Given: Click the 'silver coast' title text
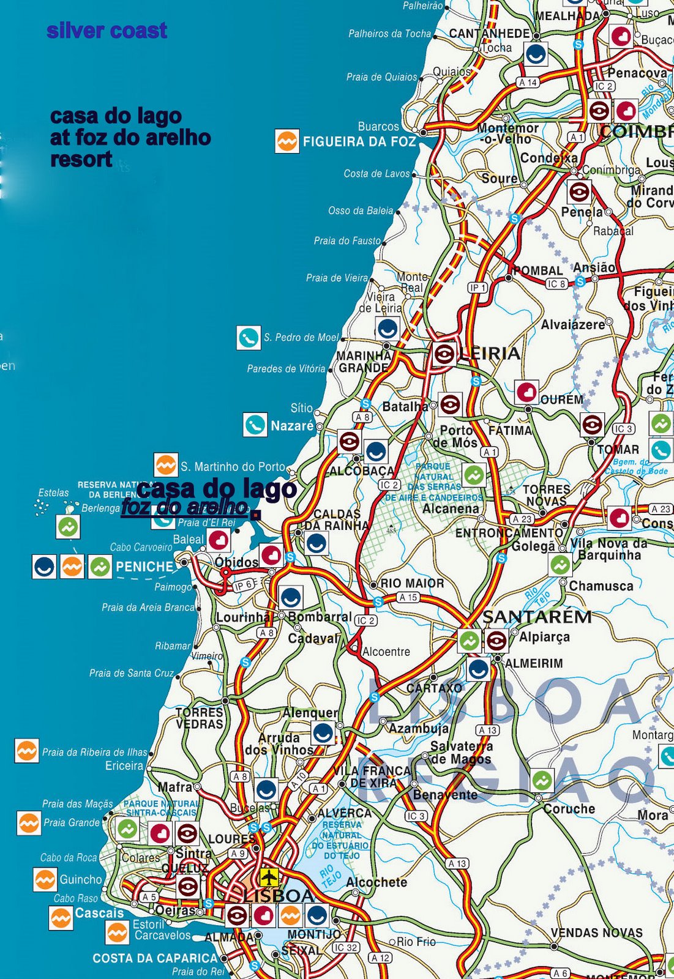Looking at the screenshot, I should [107, 31].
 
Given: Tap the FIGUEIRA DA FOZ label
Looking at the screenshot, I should [359, 142].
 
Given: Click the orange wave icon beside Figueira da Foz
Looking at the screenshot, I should [286, 141].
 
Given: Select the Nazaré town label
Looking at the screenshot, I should [292, 425].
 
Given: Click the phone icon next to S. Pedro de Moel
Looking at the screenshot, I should [249, 337].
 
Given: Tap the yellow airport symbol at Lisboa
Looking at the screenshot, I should [269, 877].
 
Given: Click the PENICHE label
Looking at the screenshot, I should [144, 567].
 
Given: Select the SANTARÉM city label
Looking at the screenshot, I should [537, 617].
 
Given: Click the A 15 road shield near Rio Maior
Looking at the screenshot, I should [408, 597].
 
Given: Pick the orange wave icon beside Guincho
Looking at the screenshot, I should [45, 880].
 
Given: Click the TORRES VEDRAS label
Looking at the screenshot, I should [200, 718].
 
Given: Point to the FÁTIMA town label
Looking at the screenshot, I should [510, 430].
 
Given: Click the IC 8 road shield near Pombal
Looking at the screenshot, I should [556, 284].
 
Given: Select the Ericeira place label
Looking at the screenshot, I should [124, 765].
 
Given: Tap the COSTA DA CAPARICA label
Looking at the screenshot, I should [155, 958].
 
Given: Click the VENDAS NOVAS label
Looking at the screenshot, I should [596, 933].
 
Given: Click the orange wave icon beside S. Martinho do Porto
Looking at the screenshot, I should [165, 466].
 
